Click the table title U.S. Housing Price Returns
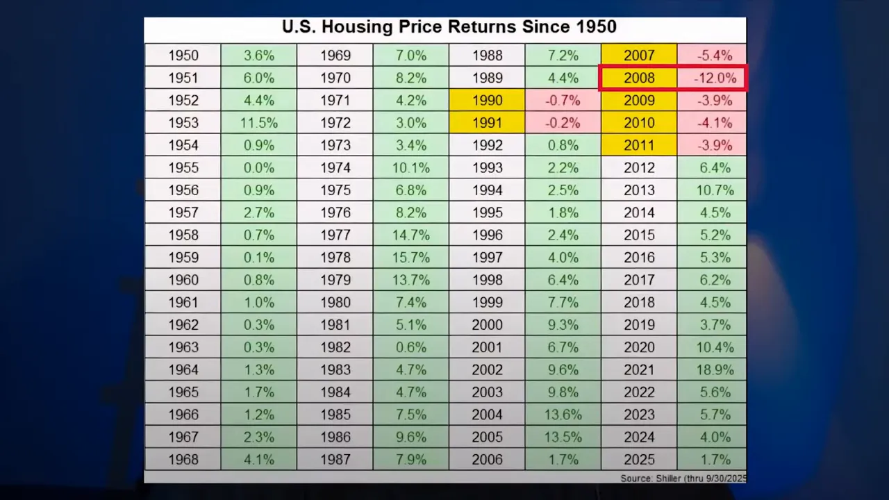449,28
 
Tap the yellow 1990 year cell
487,100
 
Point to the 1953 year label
183,123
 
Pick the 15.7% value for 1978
411,258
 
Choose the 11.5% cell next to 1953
259,123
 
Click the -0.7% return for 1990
563,100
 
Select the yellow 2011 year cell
639,145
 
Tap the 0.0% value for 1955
259,167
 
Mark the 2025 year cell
639,460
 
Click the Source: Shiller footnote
683,478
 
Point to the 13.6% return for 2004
563,415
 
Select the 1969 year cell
335,56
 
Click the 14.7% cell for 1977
411,235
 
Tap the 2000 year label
487,325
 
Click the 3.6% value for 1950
259,56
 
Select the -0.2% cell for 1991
563,123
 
